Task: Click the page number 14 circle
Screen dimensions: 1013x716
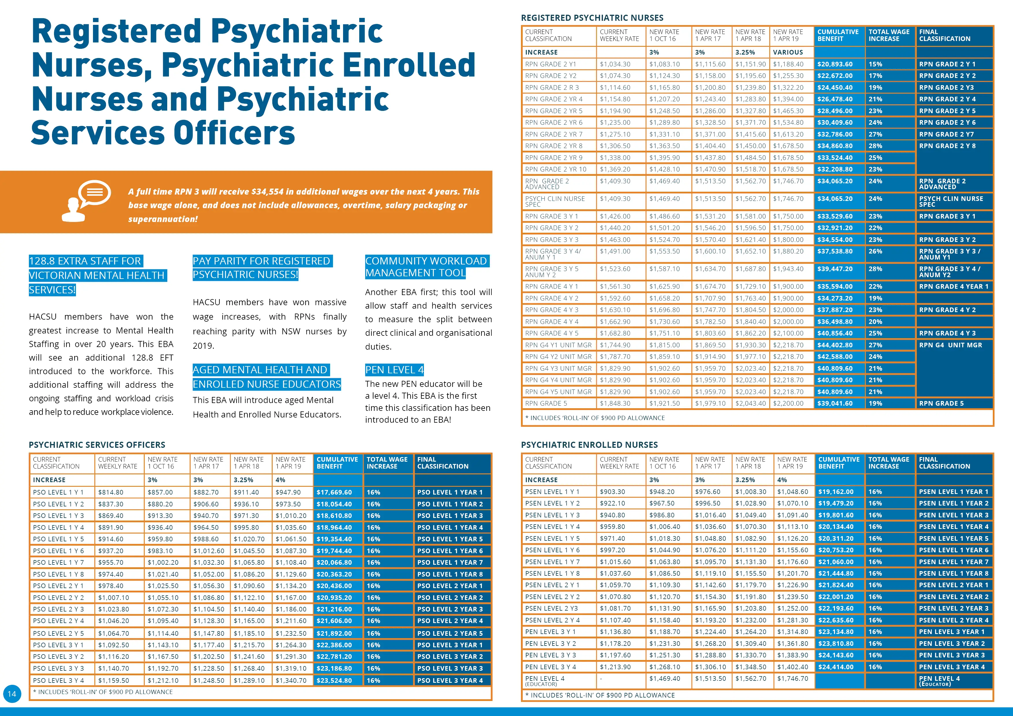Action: [12, 693]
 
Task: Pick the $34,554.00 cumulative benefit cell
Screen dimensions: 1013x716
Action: [835, 240]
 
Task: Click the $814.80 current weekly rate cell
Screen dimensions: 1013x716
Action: [111, 492]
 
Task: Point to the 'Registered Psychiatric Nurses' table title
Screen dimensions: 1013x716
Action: [592, 18]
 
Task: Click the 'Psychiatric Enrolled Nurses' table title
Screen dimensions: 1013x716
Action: [589, 445]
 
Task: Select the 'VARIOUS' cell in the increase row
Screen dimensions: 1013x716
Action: [788, 52]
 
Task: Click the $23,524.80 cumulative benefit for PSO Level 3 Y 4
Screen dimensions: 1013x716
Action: [334, 680]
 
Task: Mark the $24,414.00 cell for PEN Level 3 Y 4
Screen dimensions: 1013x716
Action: [836, 667]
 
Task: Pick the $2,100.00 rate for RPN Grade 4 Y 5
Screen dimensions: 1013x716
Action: [788, 333]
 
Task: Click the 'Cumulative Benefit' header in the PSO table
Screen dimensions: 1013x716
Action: [338, 463]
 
